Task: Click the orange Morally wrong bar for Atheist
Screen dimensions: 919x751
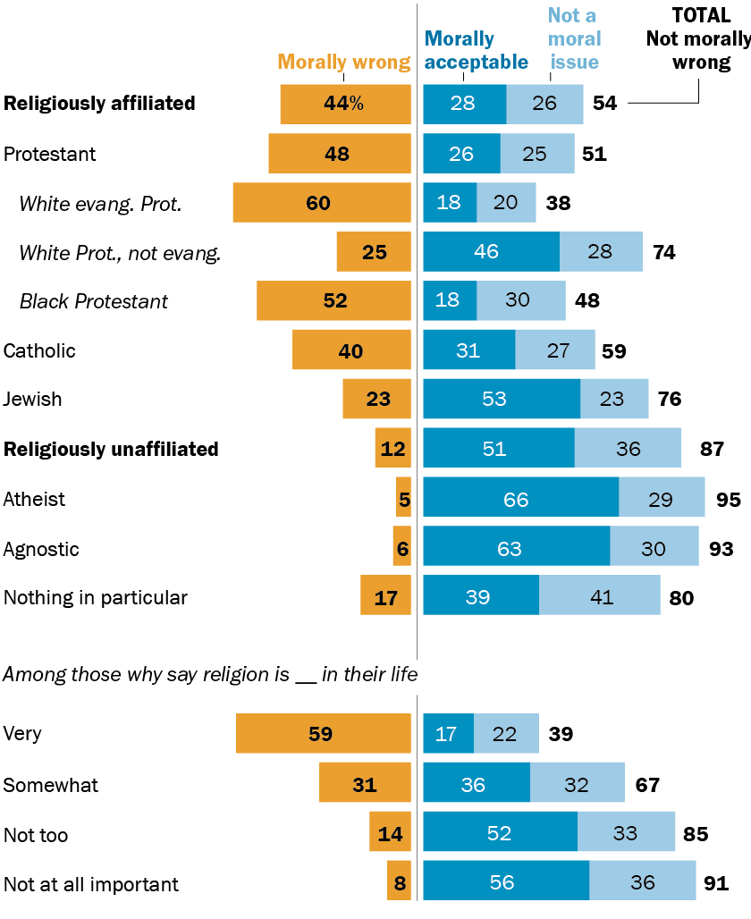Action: pyautogui.click(x=403, y=499)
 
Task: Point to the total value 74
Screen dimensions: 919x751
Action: pyautogui.click(x=663, y=253)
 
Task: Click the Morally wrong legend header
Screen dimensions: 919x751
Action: pyautogui.click(x=343, y=62)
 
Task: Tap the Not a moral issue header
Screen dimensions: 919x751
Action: pyautogui.click(x=573, y=38)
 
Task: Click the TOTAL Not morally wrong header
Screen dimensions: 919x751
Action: pyautogui.click(x=697, y=38)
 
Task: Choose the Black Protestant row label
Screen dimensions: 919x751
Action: pyautogui.click(x=93, y=301)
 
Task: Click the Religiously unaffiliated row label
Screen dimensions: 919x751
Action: pyautogui.click(x=111, y=449)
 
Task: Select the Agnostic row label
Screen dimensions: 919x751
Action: pyautogui.click(x=40, y=549)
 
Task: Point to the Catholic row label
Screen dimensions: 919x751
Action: pyautogui.click(x=39, y=350)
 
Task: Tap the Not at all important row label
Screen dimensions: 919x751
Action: pyautogui.click(x=91, y=885)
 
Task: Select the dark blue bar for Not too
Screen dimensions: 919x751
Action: pyautogui.click(x=500, y=834)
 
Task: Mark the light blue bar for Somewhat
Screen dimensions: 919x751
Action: pyautogui.click(x=577, y=785)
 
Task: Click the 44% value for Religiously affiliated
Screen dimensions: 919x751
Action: pyautogui.click(x=344, y=104)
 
